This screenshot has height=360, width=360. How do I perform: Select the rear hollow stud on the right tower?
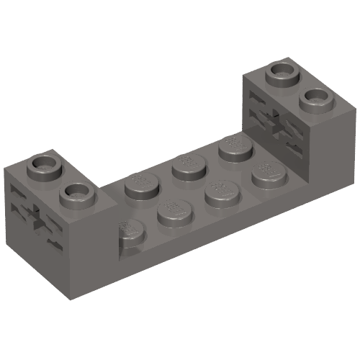click(283, 72)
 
